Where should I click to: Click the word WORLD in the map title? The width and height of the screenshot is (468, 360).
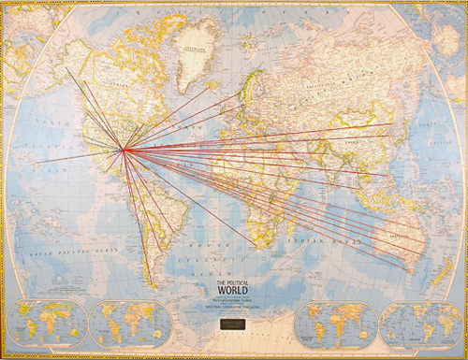tap(234, 289)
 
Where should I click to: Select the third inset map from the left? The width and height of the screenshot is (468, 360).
tap(334, 322)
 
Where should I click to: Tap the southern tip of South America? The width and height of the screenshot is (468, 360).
tap(150, 286)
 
